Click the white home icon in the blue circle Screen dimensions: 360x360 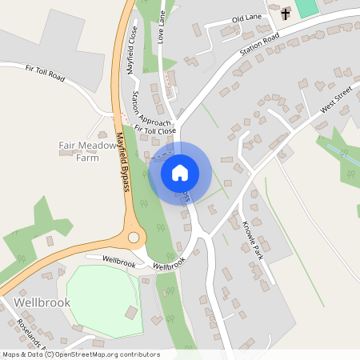[x=180, y=172]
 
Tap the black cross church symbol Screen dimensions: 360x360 [x=286, y=13]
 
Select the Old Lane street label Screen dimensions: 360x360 [x=248, y=18]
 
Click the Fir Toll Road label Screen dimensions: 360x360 [x=45, y=74]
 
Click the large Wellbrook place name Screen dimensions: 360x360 [x=42, y=302]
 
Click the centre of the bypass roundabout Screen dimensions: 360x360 [x=134, y=238]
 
